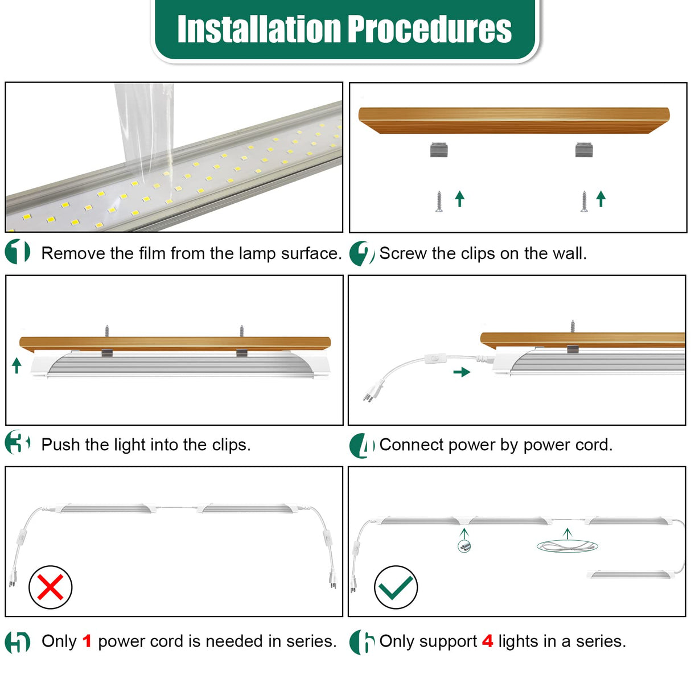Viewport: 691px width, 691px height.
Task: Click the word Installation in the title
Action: [259, 29]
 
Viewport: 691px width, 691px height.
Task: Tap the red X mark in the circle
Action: [50, 587]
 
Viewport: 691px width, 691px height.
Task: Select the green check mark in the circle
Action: [396, 587]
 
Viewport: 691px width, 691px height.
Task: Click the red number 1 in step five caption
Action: [87, 641]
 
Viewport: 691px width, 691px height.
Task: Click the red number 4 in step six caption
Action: [487, 641]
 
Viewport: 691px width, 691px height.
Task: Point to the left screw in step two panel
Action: [439, 201]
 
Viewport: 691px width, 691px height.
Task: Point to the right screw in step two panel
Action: [584, 201]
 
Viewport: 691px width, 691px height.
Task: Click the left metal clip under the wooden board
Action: [439, 150]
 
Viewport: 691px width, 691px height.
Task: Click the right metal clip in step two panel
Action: [584, 150]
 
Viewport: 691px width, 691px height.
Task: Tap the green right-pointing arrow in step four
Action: [462, 372]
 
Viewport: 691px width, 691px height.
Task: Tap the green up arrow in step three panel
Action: [17, 365]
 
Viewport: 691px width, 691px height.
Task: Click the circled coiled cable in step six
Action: [567, 546]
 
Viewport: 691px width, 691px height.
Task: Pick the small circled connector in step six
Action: [464, 546]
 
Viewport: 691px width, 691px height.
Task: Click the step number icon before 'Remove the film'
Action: [18, 252]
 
